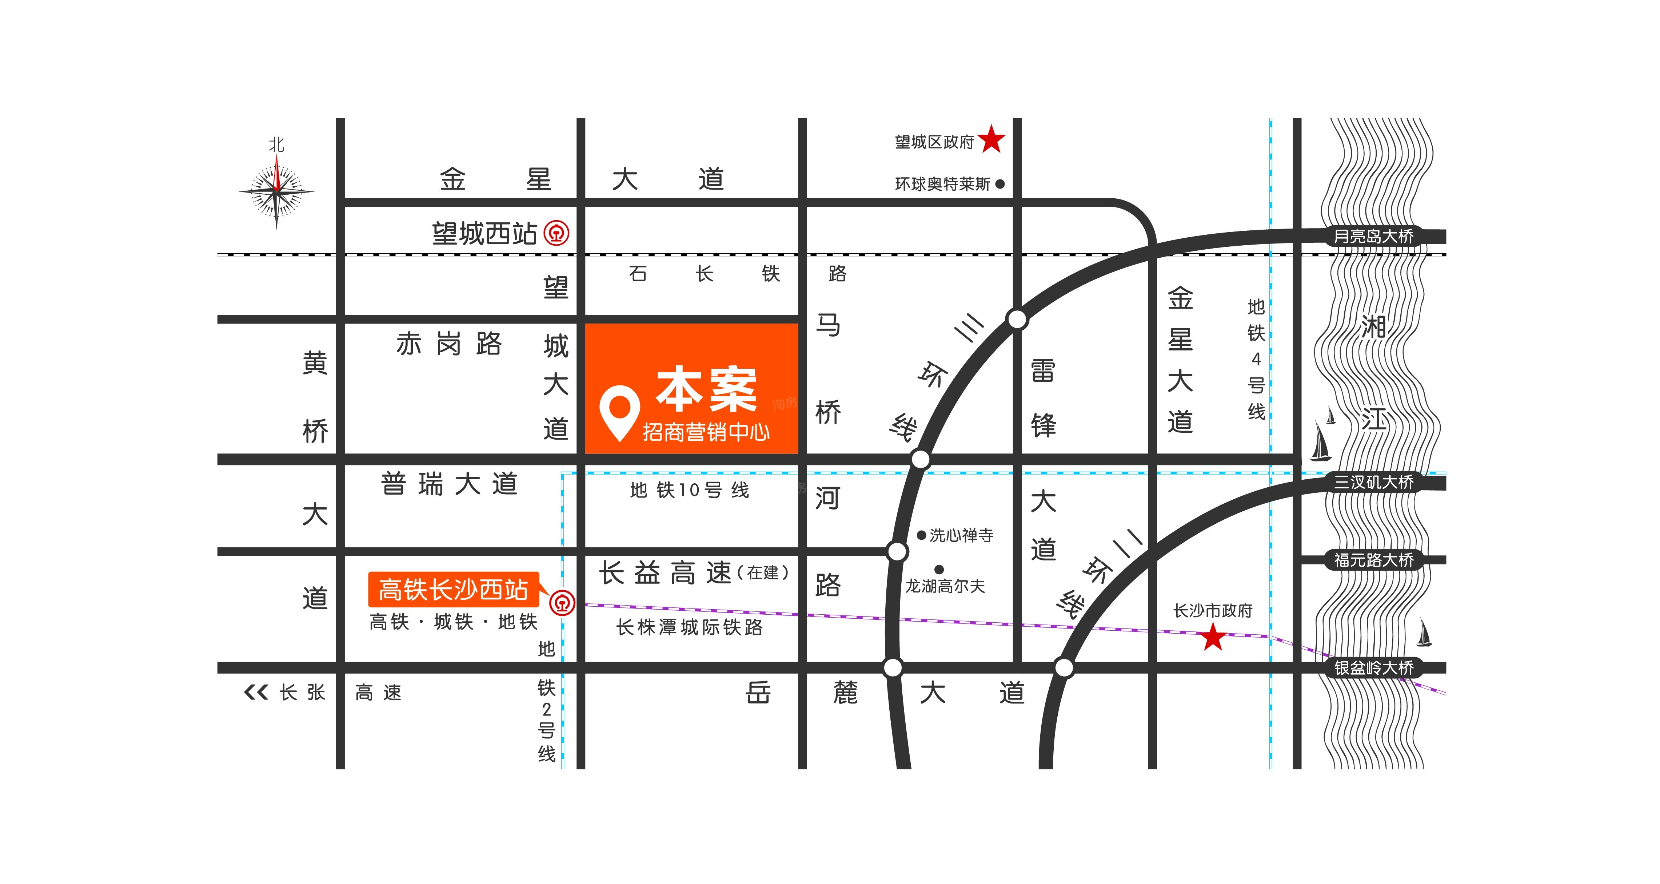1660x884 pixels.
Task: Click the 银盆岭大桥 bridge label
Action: click(1373, 667)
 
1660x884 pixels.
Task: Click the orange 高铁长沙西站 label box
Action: click(453, 589)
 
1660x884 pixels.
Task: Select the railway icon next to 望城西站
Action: click(557, 233)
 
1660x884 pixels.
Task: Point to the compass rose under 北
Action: click(276, 191)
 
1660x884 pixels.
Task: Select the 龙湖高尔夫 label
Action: click(945, 586)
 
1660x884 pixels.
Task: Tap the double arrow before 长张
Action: click(256, 693)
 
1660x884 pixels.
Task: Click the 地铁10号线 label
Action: click(689, 490)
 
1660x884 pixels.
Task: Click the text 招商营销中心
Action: click(706, 432)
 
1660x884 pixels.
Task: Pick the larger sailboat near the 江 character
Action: click(1320, 442)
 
